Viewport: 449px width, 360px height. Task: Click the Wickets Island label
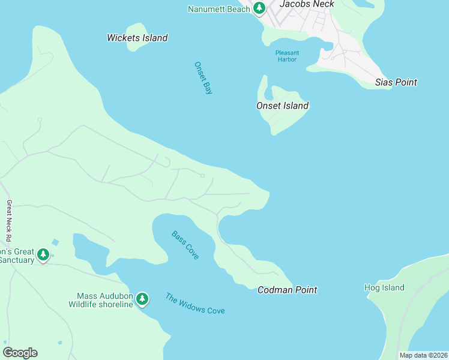click(x=137, y=38)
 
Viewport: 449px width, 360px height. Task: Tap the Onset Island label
click(x=282, y=106)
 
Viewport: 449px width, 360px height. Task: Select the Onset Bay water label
click(x=203, y=79)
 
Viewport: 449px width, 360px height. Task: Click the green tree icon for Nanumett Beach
click(x=259, y=8)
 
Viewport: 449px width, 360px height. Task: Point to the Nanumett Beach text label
click(x=218, y=9)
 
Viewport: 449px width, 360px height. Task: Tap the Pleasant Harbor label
click(x=288, y=56)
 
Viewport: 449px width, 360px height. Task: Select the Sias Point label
click(x=396, y=82)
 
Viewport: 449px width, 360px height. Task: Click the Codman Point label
click(x=287, y=290)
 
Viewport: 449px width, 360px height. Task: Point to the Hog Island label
click(x=384, y=287)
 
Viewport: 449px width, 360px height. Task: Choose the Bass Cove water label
click(x=185, y=245)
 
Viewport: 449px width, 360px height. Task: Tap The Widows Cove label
click(x=195, y=303)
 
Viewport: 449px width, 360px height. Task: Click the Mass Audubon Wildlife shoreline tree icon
click(x=142, y=298)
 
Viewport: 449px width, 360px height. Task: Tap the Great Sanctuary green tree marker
click(x=43, y=255)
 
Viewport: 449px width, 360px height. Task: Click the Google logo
click(x=20, y=353)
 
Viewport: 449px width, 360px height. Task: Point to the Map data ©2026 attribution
click(x=423, y=355)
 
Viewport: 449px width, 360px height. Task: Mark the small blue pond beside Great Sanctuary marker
click(x=55, y=242)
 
